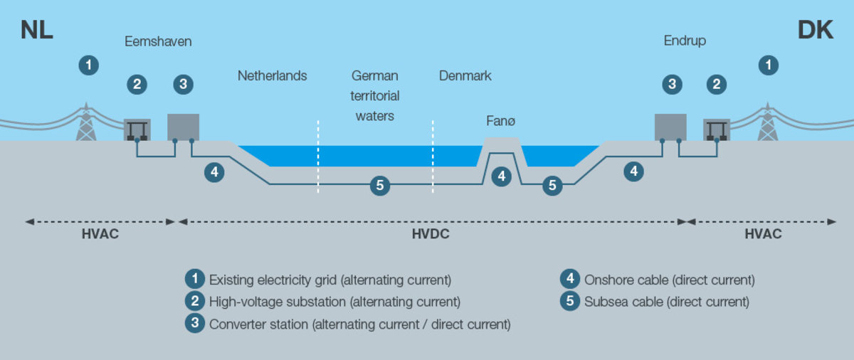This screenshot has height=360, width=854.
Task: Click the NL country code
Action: [37, 31]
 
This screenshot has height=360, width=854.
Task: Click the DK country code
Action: [816, 31]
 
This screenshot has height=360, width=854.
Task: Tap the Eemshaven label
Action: [158, 42]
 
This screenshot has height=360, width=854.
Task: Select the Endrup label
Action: [685, 41]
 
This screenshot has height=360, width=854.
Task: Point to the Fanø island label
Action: [501, 122]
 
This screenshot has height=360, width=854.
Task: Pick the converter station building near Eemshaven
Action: [183, 127]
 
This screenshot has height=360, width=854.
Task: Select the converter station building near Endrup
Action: [670, 127]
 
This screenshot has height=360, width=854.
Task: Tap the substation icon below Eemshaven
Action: [137, 129]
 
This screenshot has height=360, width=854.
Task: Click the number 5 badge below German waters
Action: [380, 186]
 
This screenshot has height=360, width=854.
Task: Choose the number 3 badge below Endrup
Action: [671, 85]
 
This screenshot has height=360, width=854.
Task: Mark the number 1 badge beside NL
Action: [88, 65]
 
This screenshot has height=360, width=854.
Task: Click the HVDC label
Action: [431, 234]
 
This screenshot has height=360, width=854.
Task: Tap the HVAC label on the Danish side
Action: [763, 234]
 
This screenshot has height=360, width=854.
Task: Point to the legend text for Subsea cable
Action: [667, 302]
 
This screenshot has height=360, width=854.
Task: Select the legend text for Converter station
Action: [360, 324]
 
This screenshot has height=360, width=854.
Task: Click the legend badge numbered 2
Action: [194, 302]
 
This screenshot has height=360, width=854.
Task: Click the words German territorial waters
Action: [375, 95]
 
